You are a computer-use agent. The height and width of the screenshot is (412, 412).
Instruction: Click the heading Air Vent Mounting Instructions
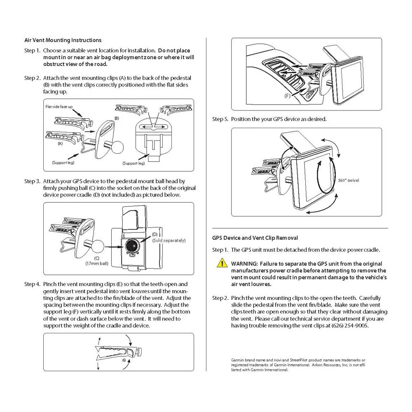point(63,40)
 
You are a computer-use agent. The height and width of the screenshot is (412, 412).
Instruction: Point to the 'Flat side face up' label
point(59,106)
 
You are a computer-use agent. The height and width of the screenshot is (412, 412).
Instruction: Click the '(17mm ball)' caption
point(96,263)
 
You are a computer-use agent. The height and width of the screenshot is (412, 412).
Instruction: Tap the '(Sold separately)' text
point(169,240)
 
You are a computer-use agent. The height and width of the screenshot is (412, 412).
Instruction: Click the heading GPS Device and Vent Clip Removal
point(255,238)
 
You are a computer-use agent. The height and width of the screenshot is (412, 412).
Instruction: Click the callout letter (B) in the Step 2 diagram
point(117,118)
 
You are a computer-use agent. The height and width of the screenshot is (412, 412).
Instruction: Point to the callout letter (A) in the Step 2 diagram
point(60,144)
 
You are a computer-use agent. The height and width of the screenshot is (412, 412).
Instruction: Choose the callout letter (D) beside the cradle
point(155,234)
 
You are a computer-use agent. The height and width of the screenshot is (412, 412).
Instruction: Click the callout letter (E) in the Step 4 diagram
point(124,360)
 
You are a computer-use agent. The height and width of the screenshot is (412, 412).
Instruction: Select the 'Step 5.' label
point(220,119)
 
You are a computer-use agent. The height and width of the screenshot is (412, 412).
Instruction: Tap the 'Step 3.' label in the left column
point(32,181)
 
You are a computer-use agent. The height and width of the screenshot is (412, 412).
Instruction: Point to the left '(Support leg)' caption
point(62,162)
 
